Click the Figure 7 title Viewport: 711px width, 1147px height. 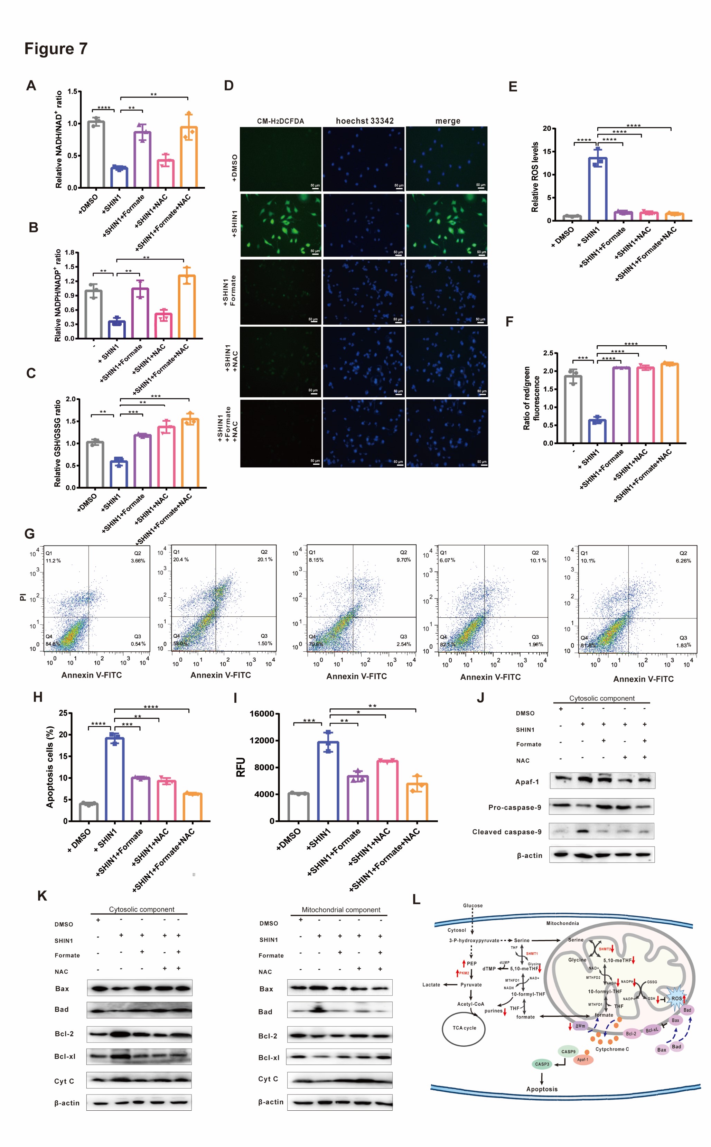[x=56, y=49]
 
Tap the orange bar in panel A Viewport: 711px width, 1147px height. [x=189, y=158]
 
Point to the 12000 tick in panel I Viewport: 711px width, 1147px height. [x=261, y=741]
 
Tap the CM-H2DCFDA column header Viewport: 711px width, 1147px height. [x=280, y=121]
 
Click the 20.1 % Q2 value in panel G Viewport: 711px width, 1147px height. [x=265, y=560]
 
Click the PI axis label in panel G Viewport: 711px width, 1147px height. [x=22, y=597]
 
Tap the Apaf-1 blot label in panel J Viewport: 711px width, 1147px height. [x=527, y=782]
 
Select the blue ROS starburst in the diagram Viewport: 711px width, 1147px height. [x=676, y=998]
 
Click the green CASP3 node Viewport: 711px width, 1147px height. [x=542, y=1064]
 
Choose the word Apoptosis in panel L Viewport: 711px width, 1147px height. [x=542, y=1089]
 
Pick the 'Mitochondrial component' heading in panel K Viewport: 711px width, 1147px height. [x=341, y=910]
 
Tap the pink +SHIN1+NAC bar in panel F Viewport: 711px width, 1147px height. [x=645, y=405]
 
